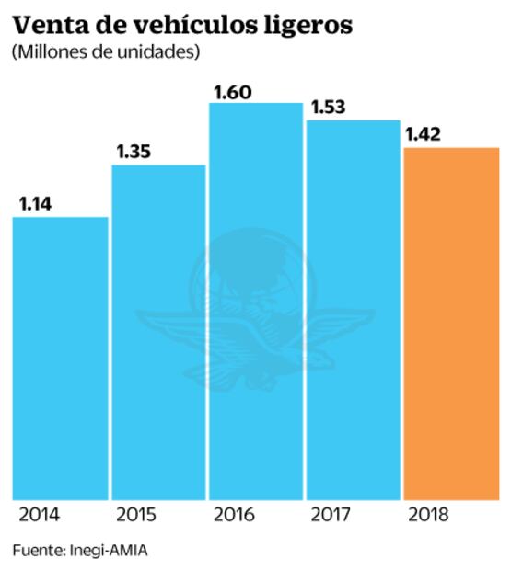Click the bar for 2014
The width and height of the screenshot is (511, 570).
pyautogui.click(x=60, y=359)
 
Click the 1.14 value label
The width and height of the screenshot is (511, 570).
pyautogui.click(x=35, y=204)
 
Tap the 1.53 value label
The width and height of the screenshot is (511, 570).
pyautogui.click(x=329, y=108)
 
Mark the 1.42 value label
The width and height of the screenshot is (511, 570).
pyautogui.click(x=424, y=134)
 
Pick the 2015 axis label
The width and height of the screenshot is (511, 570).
pyautogui.click(x=134, y=514)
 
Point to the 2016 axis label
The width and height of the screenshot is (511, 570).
pyautogui.click(x=232, y=514)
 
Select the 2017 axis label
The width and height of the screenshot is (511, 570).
pyautogui.click(x=329, y=514)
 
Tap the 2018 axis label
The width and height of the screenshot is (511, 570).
pyautogui.click(x=426, y=514)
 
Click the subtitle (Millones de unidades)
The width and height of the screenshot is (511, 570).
pyautogui.click(x=106, y=52)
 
